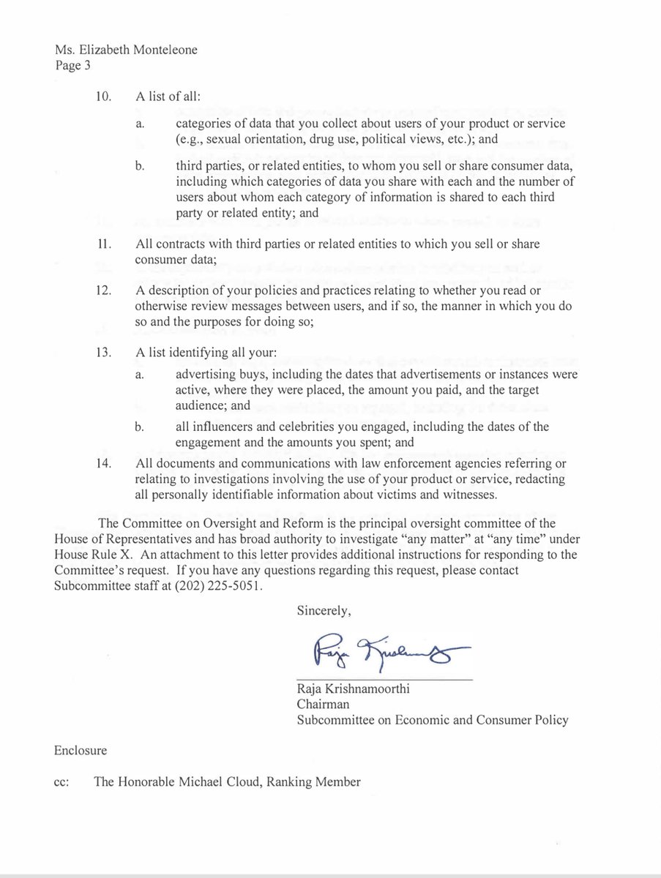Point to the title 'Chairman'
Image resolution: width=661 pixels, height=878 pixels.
[x=323, y=705]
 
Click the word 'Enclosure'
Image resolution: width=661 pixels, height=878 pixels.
[x=81, y=751]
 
